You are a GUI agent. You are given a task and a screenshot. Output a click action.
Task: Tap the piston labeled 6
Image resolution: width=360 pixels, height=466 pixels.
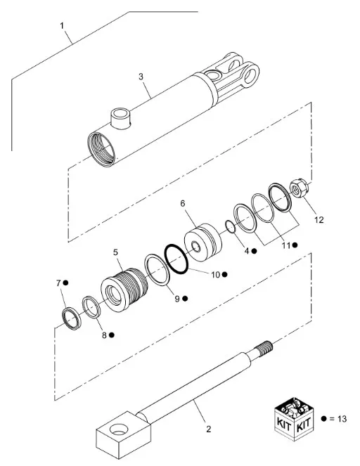[203, 242]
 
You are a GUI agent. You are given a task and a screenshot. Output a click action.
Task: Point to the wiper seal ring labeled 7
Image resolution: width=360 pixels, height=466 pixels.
[71, 319]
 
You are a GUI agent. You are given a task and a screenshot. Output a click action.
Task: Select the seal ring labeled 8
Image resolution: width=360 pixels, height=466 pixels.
[91, 307]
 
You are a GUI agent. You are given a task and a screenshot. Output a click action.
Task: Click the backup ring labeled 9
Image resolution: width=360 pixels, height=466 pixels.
[157, 270]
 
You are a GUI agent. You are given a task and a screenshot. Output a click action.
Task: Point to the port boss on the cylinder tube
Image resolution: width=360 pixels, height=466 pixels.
[121, 118]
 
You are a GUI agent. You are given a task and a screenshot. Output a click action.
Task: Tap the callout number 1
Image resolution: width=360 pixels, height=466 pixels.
[62, 26]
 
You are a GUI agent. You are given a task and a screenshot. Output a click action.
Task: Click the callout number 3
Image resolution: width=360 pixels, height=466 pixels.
[141, 77]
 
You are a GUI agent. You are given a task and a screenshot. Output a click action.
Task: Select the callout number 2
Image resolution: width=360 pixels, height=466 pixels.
[208, 429]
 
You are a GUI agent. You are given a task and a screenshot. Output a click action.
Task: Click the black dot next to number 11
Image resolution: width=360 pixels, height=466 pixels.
[295, 245]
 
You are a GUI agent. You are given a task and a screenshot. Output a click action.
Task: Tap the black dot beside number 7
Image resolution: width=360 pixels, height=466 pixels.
[65, 283]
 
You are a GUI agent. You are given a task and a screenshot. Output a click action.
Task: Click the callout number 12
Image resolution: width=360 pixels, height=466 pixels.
[319, 220]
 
